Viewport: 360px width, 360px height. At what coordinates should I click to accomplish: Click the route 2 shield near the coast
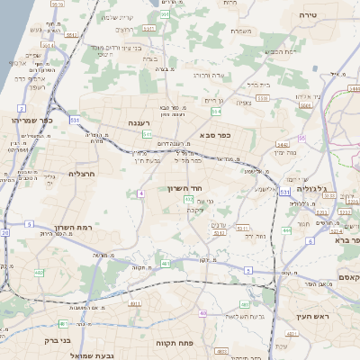21,108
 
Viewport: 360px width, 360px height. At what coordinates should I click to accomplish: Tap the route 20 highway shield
4,232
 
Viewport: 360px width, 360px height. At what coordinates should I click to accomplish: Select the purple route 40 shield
203,313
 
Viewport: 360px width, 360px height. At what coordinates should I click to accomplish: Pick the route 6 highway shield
310,240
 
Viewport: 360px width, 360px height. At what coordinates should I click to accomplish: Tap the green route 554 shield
216,112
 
